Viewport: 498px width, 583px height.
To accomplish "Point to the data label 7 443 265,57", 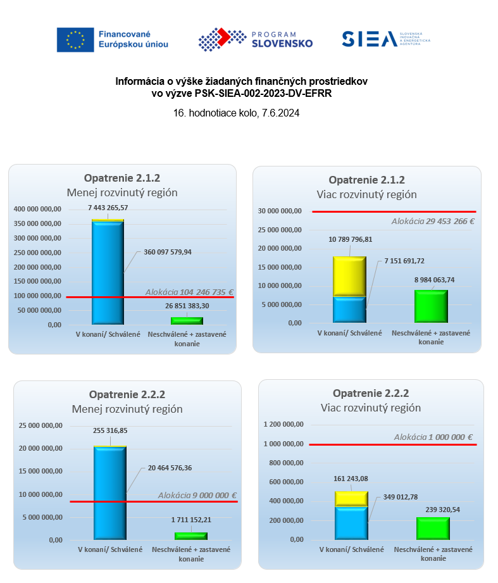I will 108,208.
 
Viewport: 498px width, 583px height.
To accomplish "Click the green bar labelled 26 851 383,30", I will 187,320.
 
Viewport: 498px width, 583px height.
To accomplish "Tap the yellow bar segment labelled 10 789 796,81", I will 349,276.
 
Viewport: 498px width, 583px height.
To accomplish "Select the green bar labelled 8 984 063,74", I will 431,306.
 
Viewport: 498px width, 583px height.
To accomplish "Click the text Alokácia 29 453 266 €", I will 433,222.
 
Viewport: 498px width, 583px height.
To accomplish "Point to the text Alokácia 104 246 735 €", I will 189,292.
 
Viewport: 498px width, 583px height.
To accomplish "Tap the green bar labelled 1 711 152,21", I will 191,536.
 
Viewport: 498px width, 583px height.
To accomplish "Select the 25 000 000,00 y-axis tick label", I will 39,425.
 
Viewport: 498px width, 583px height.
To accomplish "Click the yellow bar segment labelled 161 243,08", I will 351,498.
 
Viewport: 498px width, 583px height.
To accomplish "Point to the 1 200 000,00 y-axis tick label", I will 283,424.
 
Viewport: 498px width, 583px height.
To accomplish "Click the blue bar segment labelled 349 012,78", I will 351,523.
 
